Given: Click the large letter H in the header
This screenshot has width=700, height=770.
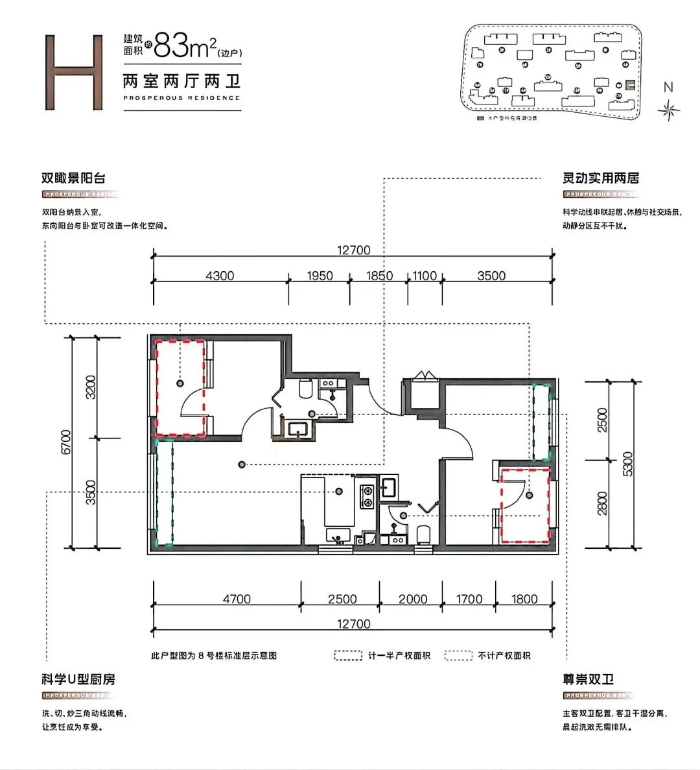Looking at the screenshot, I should (74, 72).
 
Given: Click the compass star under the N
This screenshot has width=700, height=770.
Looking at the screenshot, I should (668, 111).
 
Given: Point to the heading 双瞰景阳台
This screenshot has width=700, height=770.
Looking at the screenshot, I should (73, 178).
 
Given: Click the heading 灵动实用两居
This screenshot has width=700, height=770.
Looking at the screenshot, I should (600, 178).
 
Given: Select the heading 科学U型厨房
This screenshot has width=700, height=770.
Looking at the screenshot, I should (78, 679).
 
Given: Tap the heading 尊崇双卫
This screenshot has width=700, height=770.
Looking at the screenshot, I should (588, 679).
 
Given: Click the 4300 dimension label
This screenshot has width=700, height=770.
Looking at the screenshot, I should (220, 276).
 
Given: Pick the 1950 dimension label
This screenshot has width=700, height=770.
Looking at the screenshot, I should (320, 276).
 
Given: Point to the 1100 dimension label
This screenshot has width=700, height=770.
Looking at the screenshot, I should (425, 276).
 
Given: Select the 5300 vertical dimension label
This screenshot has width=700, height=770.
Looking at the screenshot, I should (627, 464).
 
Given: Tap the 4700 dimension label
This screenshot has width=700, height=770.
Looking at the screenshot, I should (237, 599).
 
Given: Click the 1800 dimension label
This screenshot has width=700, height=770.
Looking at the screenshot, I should (524, 599).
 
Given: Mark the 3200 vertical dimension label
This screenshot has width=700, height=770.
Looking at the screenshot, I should (91, 387).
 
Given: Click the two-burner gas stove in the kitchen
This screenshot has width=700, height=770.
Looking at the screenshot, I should (367, 496).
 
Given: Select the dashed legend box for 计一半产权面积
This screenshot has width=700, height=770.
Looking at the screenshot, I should (348, 656).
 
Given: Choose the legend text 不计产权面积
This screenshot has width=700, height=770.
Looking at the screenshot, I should (504, 656).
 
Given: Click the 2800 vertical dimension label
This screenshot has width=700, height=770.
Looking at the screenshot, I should (602, 503).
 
